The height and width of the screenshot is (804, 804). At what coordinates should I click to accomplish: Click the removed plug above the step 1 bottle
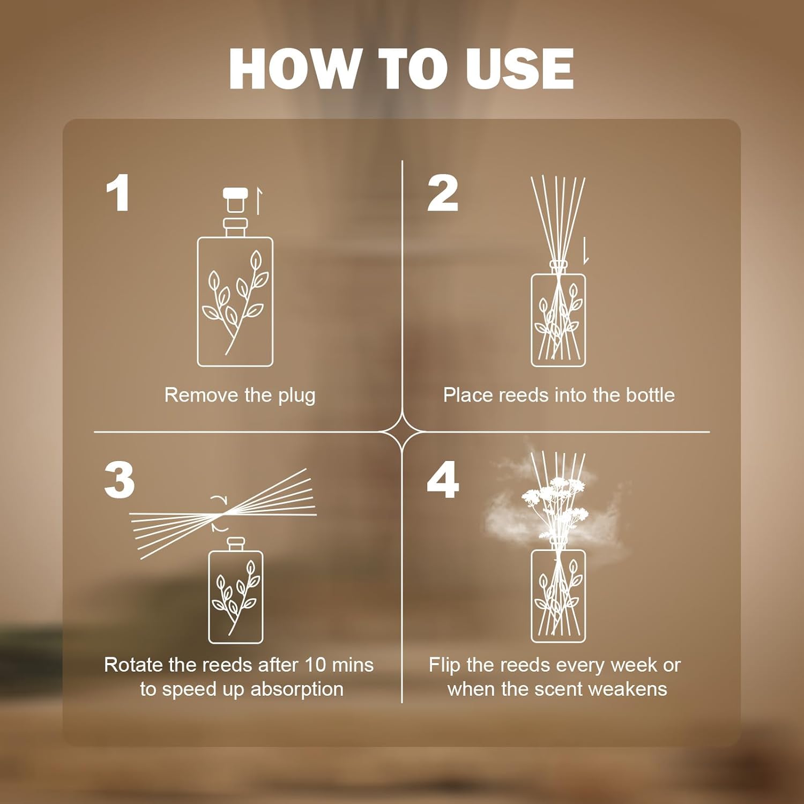coord(235,199)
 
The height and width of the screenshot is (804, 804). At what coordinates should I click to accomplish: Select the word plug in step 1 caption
coord(296,397)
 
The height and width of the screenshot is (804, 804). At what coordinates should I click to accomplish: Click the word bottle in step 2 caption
coord(650,395)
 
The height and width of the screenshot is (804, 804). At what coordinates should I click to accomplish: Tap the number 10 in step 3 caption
coord(316,665)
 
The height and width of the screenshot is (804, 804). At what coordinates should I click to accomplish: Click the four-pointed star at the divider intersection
coord(402,431)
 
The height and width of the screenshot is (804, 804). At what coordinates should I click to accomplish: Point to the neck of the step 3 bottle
coord(236,545)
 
